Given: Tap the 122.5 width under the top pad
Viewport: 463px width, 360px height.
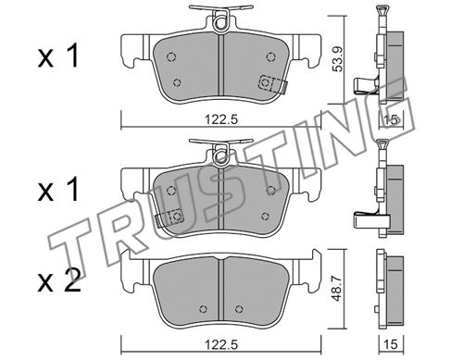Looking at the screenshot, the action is pyautogui.click(x=222, y=119).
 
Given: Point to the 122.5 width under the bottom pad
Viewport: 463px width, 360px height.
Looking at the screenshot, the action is pyautogui.click(x=222, y=344).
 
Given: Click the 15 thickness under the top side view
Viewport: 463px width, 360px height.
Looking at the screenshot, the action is pyautogui.click(x=392, y=119).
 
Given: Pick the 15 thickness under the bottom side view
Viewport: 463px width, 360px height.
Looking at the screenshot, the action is pyautogui.click(x=392, y=344).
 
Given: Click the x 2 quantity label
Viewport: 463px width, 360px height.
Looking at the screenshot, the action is pyautogui.click(x=59, y=281).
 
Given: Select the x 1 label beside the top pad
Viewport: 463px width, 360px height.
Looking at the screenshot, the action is pyautogui.click(x=58, y=56).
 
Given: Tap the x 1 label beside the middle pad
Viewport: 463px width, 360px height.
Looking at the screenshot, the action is pyautogui.click(x=58, y=191).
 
